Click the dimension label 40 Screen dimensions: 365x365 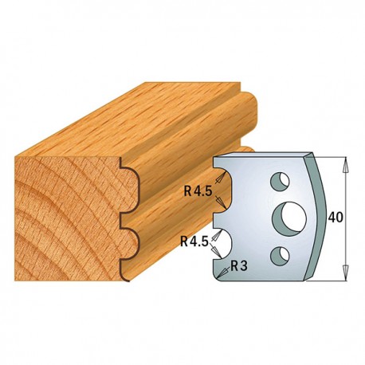point(336,218)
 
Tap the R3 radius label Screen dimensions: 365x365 point(238,265)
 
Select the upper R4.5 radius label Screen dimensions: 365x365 point(198,191)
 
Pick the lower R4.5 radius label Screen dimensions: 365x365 point(194,241)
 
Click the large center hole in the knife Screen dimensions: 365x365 point(289,216)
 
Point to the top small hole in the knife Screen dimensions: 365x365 point(280,182)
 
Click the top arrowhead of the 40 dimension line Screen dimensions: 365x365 point(345,164)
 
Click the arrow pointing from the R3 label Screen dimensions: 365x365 point(223,273)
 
